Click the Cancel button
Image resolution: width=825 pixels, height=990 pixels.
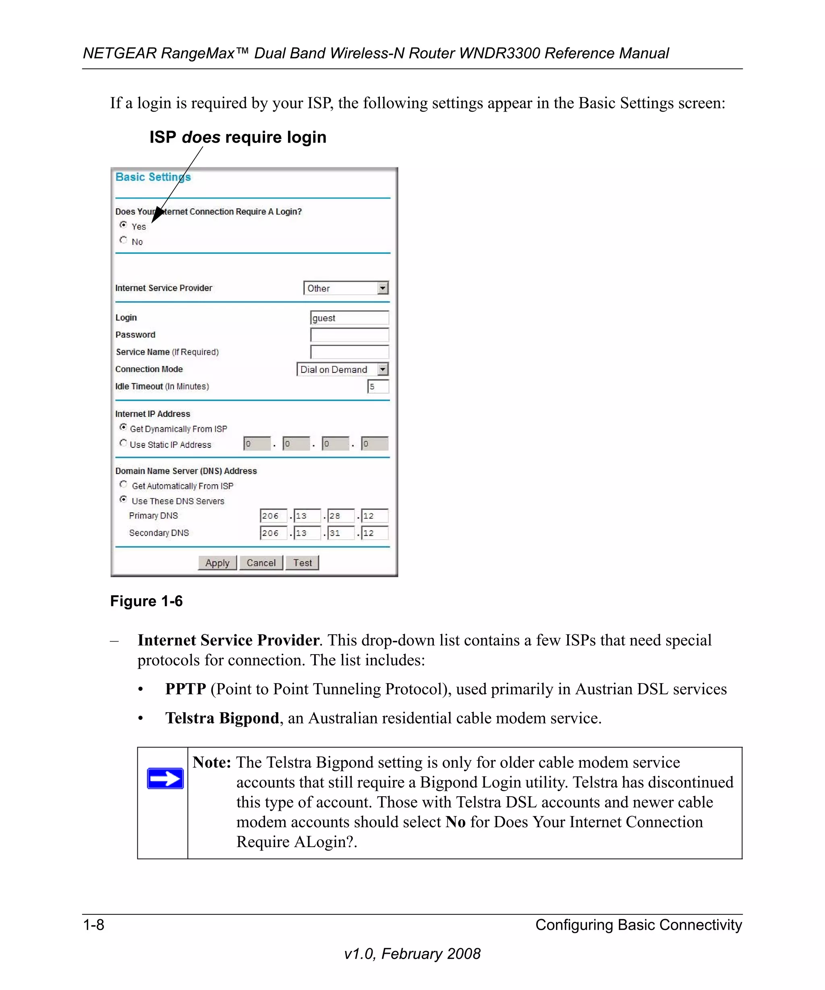pos(261,563)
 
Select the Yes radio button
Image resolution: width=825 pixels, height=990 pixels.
pos(123,225)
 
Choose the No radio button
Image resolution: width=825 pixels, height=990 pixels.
pos(123,240)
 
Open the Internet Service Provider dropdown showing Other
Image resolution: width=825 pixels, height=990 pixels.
pos(346,288)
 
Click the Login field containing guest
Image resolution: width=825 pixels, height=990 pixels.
pos(349,318)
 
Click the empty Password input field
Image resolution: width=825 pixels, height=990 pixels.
pos(349,335)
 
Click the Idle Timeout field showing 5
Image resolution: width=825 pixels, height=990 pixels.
pos(378,387)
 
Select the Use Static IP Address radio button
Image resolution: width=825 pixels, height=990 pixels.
pos(123,443)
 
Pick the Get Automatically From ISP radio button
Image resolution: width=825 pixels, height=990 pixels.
pos(123,484)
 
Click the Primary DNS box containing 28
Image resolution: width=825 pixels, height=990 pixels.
pos(340,516)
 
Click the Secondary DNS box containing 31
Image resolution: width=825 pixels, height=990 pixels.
pos(340,533)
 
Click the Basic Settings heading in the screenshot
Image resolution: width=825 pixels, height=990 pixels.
pos(153,177)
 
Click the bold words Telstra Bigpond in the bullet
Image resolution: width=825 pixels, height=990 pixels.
pos(222,718)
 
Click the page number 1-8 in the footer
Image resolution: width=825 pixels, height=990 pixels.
pos(93,924)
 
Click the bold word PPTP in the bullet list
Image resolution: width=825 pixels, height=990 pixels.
pos(185,689)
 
